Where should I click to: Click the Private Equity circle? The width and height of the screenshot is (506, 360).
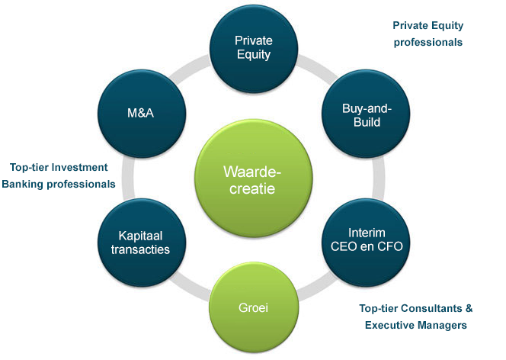[254, 49]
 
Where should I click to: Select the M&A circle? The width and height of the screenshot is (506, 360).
[142, 114]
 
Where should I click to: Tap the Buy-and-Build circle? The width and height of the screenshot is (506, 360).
[366, 114]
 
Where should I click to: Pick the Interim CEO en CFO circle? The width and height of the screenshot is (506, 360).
[366, 243]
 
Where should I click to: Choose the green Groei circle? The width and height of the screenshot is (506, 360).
[254, 307]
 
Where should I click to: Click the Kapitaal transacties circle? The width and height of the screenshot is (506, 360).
[142, 243]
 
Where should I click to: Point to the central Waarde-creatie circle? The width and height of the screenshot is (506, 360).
[253, 178]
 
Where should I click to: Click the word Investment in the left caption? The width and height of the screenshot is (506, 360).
[79, 167]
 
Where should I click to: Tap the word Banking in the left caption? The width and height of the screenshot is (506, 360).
[22, 184]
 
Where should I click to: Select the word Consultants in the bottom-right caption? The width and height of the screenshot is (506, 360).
[432, 308]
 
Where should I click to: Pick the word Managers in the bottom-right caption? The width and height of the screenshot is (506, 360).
[441, 325]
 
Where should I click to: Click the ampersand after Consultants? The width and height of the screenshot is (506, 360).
[469, 308]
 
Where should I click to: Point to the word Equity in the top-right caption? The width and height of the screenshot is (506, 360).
[448, 26]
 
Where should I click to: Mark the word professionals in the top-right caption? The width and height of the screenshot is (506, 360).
[428, 42]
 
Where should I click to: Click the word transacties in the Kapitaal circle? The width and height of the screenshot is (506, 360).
[140, 249]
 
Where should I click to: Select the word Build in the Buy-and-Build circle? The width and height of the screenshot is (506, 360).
[367, 122]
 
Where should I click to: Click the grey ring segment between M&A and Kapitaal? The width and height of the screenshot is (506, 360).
[128, 178]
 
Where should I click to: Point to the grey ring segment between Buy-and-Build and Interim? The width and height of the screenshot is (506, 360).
[379, 178]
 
